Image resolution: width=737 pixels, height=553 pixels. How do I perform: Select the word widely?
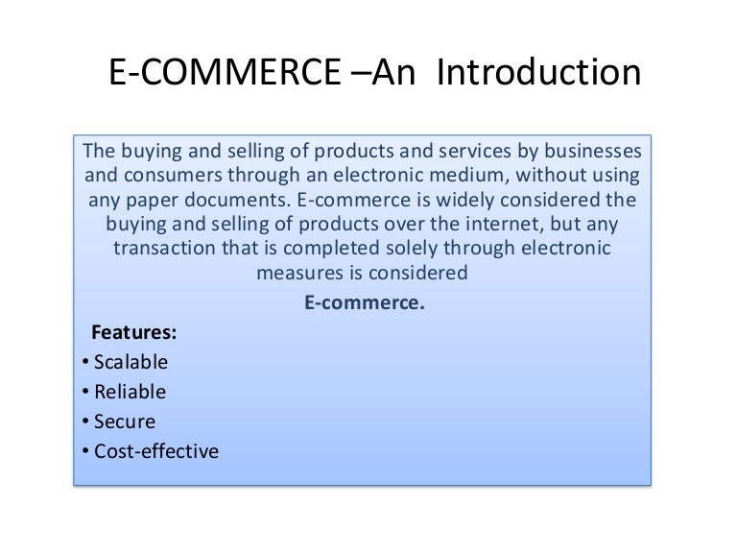(448, 202)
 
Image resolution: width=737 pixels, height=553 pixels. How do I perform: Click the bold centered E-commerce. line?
(364, 303)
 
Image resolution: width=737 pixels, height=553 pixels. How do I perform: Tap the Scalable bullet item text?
(131, 363)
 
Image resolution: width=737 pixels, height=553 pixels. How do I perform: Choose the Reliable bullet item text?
(130, 392)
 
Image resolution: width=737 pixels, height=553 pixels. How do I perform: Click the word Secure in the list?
(125, 421)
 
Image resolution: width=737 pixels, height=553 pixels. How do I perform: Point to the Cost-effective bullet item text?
(156, 449)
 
